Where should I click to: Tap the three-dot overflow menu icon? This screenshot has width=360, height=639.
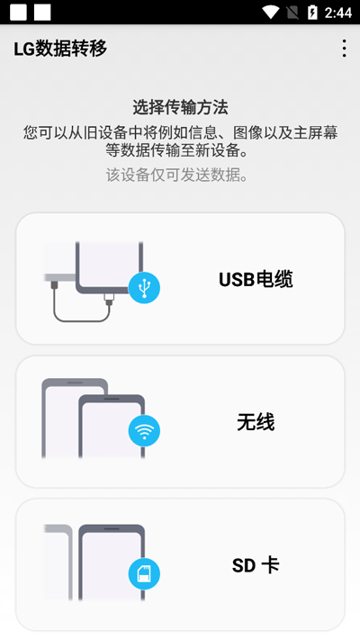[345, 49]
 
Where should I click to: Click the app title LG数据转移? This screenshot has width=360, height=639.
[60, 49]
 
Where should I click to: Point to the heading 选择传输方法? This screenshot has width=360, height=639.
[180, 108]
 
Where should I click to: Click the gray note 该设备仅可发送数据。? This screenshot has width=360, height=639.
[177, 175]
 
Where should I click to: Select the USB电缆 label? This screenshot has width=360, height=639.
[256, 280]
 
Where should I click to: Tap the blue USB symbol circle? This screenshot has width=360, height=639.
[144, 288]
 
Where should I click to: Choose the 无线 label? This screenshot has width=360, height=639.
[256, 422]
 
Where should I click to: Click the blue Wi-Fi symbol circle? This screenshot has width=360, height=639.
[144, 431]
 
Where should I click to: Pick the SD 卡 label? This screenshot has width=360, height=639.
[256, 565]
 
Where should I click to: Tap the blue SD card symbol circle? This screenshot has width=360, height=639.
[144, 574]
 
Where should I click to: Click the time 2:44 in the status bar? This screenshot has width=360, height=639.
[338, 13]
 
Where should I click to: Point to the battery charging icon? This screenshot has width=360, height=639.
[312, 13]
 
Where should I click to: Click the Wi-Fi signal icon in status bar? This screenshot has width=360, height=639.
[270, 13]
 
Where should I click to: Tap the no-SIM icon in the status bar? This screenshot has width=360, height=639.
[292, 13]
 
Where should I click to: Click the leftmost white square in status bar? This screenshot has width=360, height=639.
[18, 13]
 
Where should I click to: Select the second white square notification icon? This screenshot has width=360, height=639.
[42, 13]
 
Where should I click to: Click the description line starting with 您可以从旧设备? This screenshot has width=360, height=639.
[180, 133]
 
